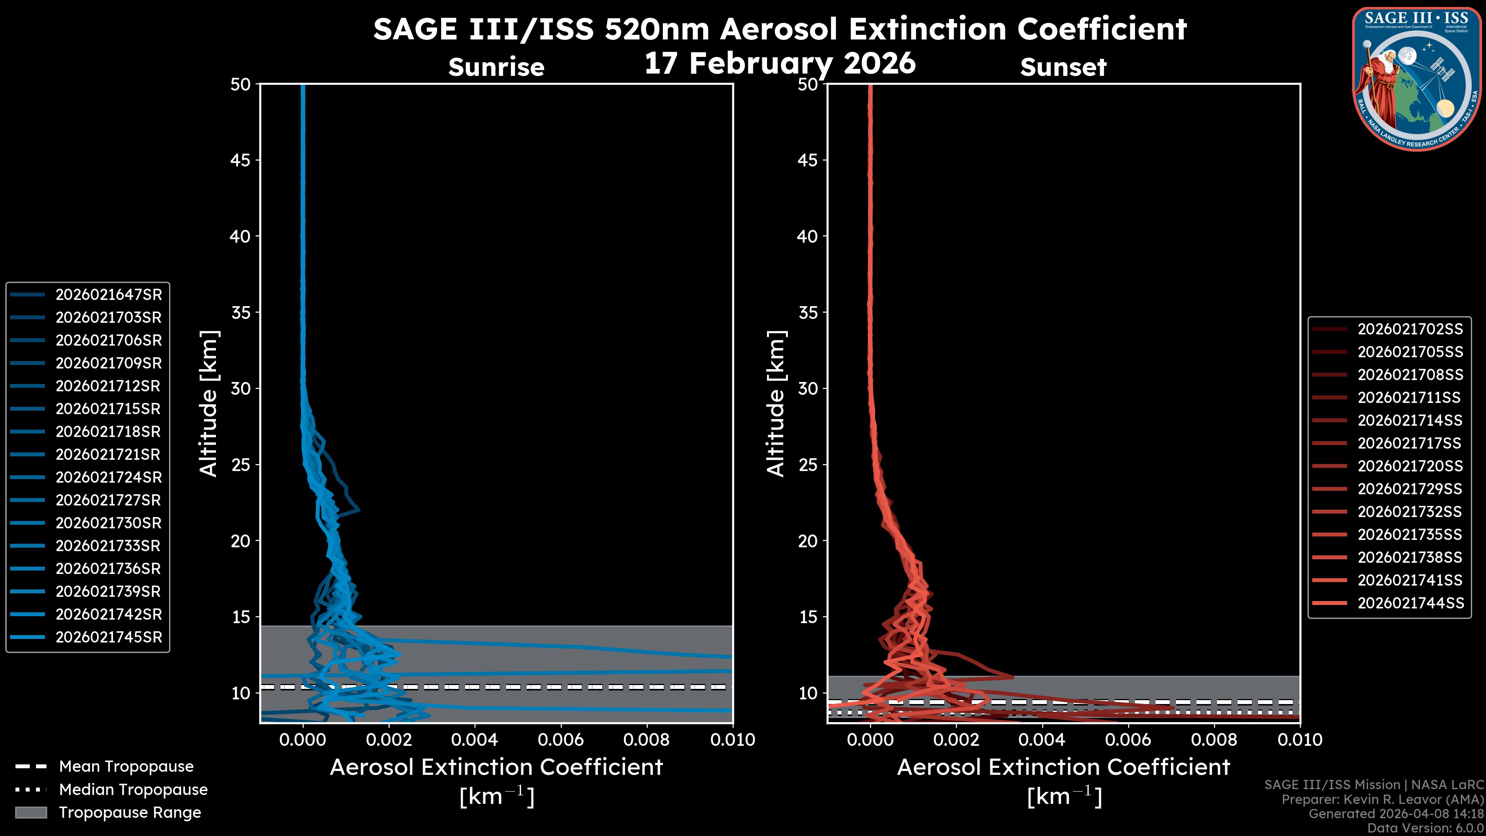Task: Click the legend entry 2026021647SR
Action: click(108, 295)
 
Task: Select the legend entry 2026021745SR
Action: click(108, 637)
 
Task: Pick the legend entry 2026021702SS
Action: click(1410, 329)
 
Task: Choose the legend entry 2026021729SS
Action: click(1410, 489)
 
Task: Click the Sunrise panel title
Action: click(496, 67)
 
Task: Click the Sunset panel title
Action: click(1063, 67)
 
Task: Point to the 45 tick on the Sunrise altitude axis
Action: click(241, 160)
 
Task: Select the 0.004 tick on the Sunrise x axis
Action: click(475, 740)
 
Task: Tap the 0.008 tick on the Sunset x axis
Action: click(1214, 740)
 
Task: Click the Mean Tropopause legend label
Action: click(126, 767)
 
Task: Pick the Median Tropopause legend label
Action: click(133, 790)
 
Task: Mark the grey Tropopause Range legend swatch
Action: click(31, 813)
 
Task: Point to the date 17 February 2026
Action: click(780, 63)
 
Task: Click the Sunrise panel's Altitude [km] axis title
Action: click(208, 404)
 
